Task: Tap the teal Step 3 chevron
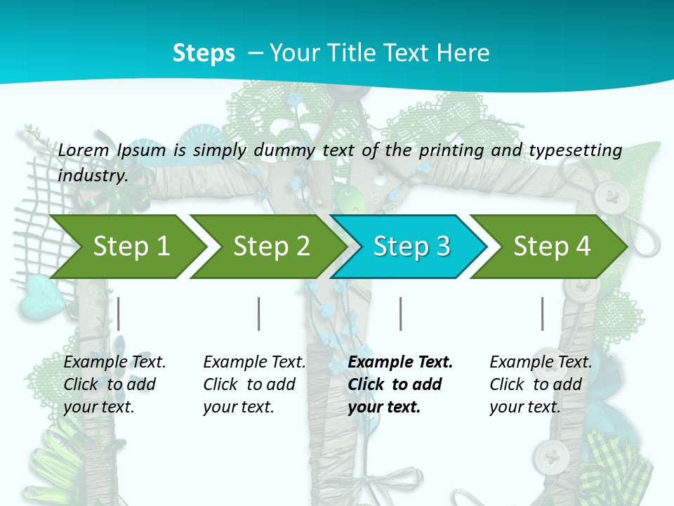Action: [x=411, y=246]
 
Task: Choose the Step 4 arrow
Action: [x=552, y=246]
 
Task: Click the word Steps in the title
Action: [x=204, y=53]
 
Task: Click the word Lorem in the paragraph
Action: [x=83, y=150]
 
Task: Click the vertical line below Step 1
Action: [x=119, y=313]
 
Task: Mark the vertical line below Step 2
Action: [x=259, y=313]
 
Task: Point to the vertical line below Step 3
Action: [x=401, y=313]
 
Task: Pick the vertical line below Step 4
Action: [x=543, y=313]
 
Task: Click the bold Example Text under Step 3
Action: [x=400, y=362]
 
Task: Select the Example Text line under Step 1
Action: [x=114, y=362]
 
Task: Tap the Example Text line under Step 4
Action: [x=541, y=362]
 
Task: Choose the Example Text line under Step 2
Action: [x=254, y=362]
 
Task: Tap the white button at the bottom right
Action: [x=551, y=458]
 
